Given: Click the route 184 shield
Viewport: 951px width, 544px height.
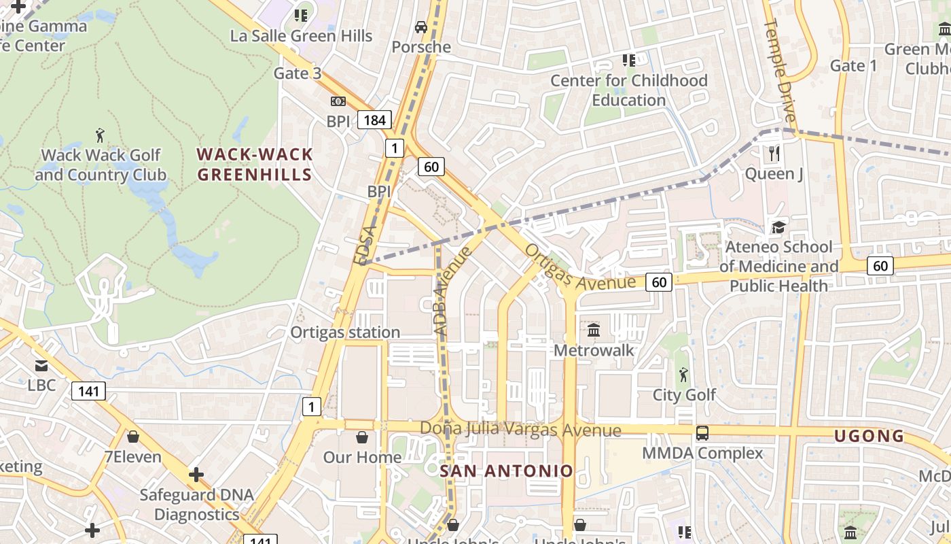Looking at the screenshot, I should pyautogui.click(x=374, y=120).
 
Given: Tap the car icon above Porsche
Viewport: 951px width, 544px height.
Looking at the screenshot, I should pyautogui.click(x=421, y=27).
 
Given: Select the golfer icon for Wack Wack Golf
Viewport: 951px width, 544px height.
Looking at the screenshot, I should pyautogui.click(x=101, y=135).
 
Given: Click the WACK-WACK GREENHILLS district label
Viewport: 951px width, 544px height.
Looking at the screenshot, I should pyautogui.click(x=255, y=165).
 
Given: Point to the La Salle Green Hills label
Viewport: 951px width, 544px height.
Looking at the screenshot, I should pyautogui.click(x=301, y=36).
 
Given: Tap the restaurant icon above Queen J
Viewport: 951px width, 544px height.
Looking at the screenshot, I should pyautogui.click(x=774, y=154).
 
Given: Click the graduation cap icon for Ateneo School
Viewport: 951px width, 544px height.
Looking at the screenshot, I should pyautogui.click(x=778, y=227).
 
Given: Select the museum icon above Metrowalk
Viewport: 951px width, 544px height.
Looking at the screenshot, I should pyautogui.click(x=594, y=330).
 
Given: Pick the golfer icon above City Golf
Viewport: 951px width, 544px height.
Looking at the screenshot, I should pyautogui.click(x=683, y=375).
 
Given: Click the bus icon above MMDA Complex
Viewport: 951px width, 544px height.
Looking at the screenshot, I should pyautogui.click(x=702, y=433).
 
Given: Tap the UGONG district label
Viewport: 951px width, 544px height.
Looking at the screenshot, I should pyautogui.click(x=869, y=436).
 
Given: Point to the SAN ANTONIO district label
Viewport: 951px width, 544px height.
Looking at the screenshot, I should pyautogui.click(x=507, y=471).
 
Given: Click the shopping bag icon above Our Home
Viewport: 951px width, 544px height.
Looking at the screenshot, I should pyautogui.click(x=362, y=437).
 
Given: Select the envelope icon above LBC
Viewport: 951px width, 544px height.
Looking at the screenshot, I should pyautogui.click(x=41, y=366).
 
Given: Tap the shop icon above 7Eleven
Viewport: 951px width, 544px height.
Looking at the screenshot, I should pyautogui.click(x=133, y=437).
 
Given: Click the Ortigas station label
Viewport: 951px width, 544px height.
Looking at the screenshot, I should pyautogui.click(x=345, y=333).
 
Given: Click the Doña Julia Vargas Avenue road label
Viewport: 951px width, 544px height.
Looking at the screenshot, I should pyautogui.click(x=520, y=430).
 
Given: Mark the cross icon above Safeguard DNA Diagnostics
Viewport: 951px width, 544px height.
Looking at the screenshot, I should pyautogui.click(x=196, y=474).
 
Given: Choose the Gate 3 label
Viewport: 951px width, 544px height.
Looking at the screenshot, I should pyautogui.click(x=298, y=73).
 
